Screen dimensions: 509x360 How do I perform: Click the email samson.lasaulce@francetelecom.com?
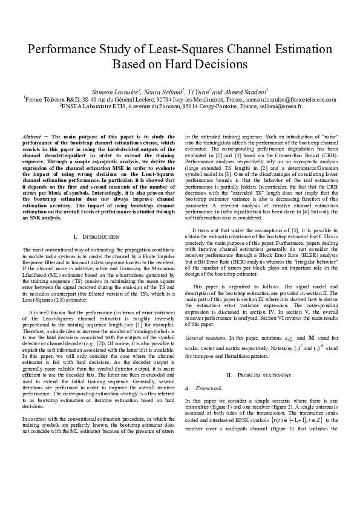pyautogui.click(x=290, y=98)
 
